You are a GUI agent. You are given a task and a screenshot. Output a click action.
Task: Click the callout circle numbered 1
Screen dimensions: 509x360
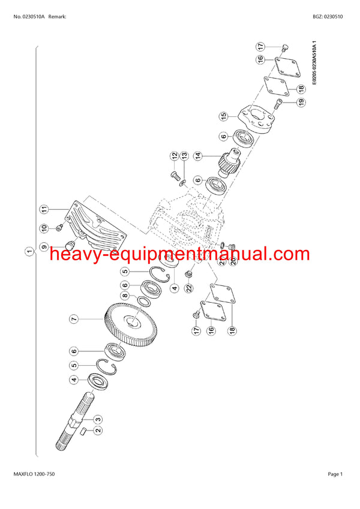(x=29, y=251)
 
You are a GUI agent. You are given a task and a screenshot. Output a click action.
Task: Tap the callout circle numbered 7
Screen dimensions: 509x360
(x=73, y=320)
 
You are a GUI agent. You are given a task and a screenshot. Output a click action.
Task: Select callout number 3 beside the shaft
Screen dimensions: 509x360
(x=97, y=418)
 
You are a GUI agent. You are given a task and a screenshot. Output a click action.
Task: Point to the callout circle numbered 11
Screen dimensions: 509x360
(x=44, y=209)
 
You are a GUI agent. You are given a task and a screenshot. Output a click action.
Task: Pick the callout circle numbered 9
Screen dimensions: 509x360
(x=44, y=246)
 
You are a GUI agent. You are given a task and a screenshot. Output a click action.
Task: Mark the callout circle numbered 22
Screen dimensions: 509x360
(x=190, y=288)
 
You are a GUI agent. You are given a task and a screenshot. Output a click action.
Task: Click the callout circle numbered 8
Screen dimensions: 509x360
(x=124, y=296)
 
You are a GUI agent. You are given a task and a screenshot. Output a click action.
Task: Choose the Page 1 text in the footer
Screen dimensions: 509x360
(x=335, y=474)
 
